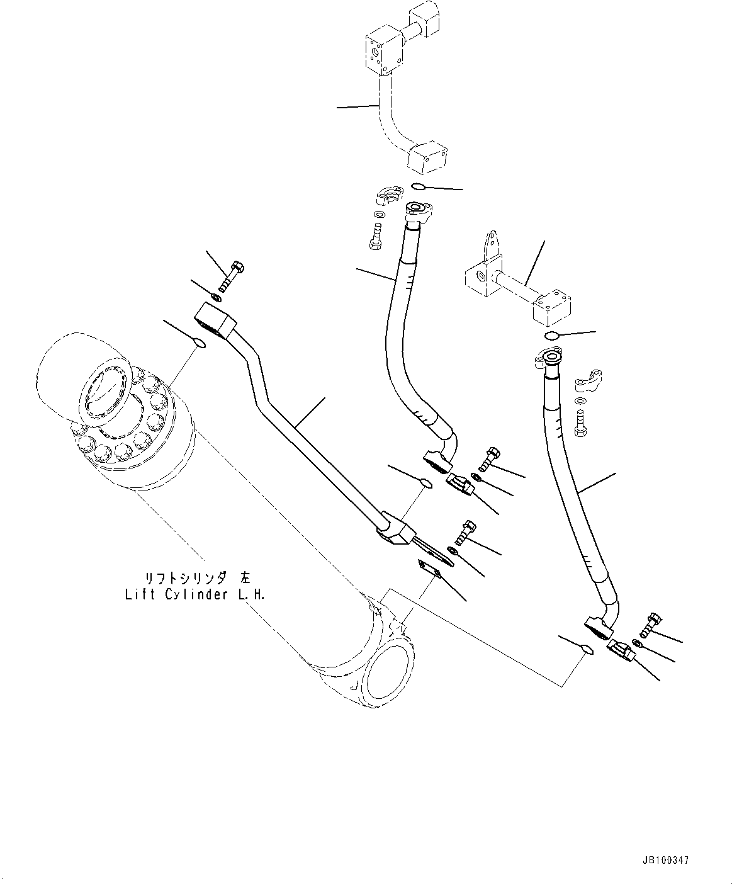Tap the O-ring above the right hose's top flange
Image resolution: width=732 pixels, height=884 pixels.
click(551, 335)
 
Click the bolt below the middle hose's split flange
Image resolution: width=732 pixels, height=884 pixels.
click(376, 237)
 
